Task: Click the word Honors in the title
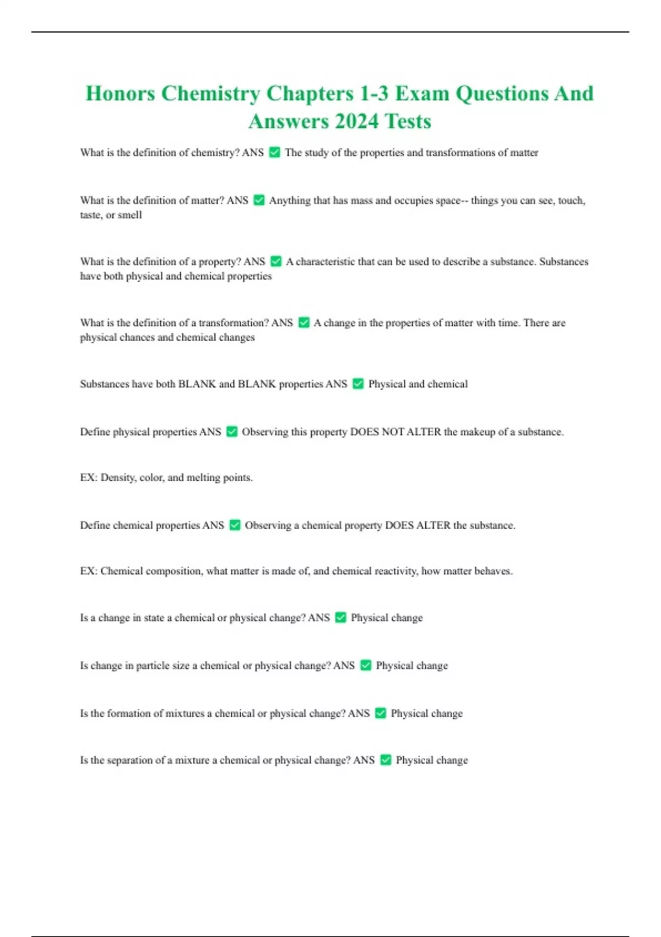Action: (x=120, y=94)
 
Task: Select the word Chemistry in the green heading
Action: (x=210, y=94)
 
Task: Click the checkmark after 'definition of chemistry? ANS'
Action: (x=274, y=153)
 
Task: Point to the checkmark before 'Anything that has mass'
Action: (x=259, y=201)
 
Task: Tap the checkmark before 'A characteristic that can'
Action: (x=276, y=262)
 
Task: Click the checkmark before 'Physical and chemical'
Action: (x=358, y=384)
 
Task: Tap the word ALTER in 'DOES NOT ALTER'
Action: (x=424, y=432)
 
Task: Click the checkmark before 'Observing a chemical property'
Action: (x=235, y=525)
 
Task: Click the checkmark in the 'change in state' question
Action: (x=340, y=618)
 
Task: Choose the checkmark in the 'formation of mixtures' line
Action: (x=381, y=714)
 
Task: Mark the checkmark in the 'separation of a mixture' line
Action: (x=386, y=761)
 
